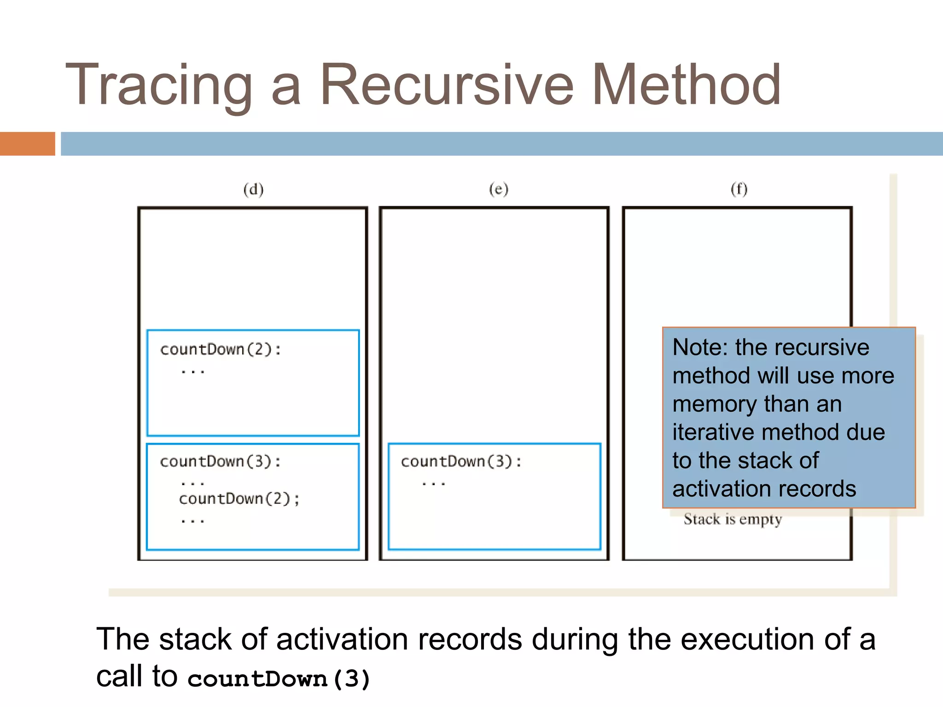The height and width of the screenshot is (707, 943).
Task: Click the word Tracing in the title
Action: pos(159,86)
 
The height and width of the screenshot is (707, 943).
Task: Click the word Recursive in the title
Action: pos(447,86)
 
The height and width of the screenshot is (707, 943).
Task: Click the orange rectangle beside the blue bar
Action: pos(27,144)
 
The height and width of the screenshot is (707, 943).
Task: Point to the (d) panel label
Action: pos(253,189)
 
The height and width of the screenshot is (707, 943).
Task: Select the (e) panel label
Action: pos(499,189)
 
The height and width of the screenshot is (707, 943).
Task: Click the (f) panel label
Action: pos(739,189)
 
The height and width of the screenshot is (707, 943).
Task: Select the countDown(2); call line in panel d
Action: pos(239,498)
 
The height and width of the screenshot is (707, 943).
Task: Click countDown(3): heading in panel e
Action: pos(461,461)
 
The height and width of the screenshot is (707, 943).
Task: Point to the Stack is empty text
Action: pos(732,519)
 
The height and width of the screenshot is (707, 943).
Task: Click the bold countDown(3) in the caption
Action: pos(279,678)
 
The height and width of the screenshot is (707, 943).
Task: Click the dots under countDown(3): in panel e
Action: pos(433,483)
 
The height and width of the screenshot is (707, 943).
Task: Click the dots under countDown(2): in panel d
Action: pos(192,371)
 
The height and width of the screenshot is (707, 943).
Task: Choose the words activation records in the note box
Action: pos(764,489)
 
